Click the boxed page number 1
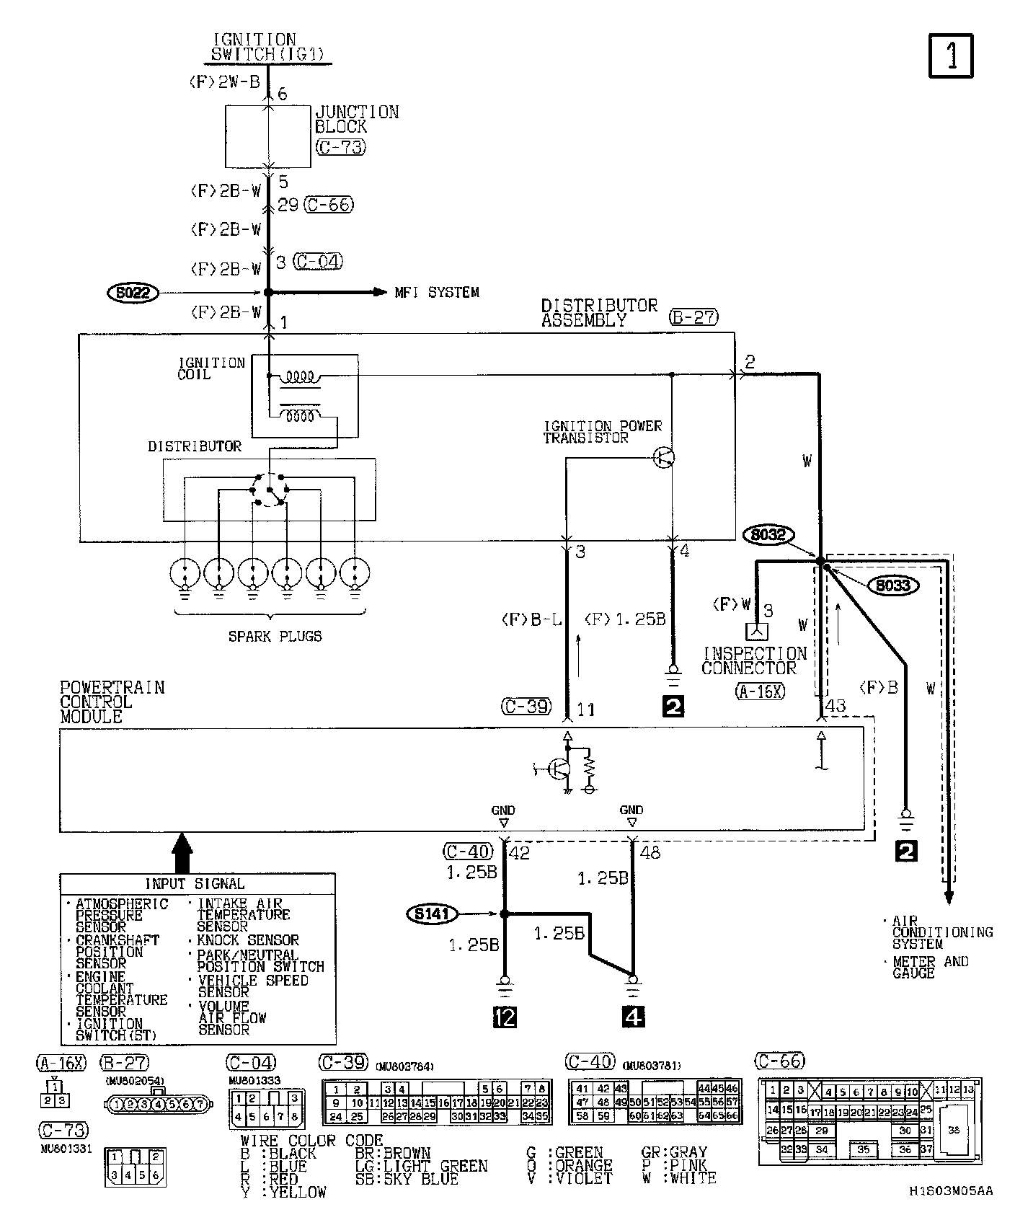point(951,56)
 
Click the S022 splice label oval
point(133,293)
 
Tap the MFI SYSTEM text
point(437,293)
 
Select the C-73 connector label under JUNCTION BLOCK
point(340,147)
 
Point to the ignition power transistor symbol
point(664,457)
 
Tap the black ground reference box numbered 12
point(504,1017)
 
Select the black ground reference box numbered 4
point(632,1017)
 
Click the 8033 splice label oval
point(893,585)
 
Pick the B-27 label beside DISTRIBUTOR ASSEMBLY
point(694,317)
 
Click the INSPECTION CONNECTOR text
point(754,660)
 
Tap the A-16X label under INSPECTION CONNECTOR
point(760,691)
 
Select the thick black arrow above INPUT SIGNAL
point(183,851)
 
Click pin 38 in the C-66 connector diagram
point(953,1131)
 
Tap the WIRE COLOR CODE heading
point(311,1141)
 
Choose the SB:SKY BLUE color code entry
point(407,1179)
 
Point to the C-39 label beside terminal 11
point(527,707)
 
